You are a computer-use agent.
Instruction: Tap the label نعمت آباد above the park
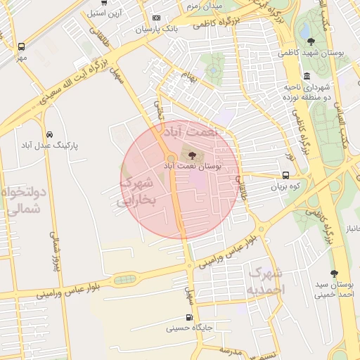click(192, 131)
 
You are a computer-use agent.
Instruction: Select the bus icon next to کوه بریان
click(285, 176)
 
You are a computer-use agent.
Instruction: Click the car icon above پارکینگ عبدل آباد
click(49, 134)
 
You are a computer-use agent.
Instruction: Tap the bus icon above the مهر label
click(21, 46)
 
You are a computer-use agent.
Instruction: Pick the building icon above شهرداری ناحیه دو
click(307, 76)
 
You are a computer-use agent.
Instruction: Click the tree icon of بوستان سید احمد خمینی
click(334, 274)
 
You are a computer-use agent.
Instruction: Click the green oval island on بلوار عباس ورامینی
click(126, 279)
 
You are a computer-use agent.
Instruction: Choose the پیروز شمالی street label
click(53, 250)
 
